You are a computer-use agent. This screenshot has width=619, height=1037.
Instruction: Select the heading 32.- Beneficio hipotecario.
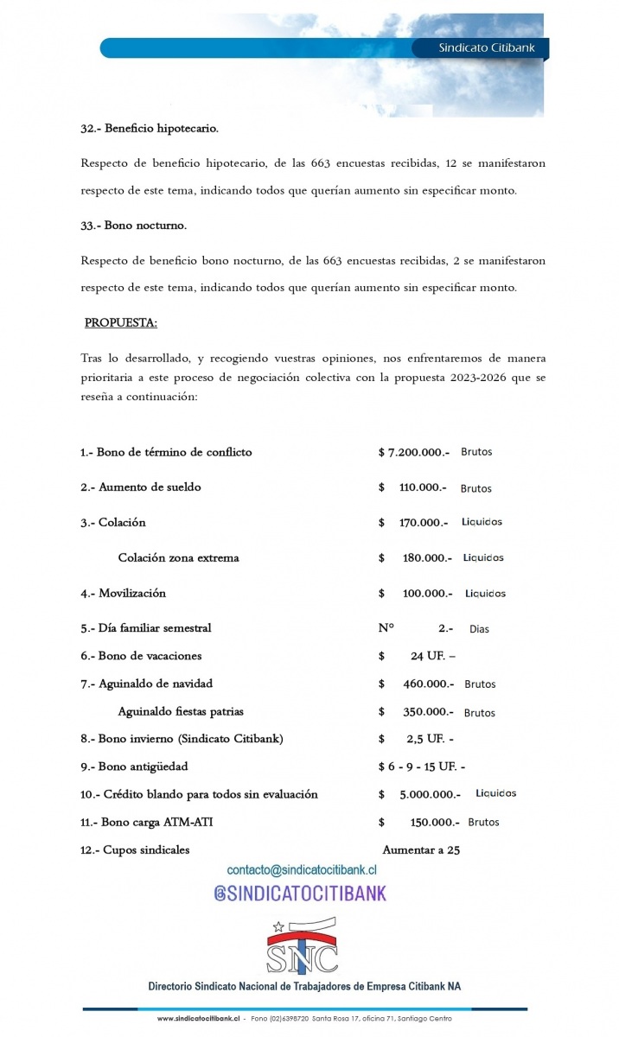point(150,129)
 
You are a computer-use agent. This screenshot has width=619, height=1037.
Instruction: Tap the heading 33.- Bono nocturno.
point(134,226)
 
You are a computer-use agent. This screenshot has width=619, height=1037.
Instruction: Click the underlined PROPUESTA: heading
point(120,323)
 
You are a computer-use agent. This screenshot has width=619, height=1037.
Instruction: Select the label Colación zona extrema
point(178,558)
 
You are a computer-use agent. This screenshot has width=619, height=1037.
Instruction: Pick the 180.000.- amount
point(427,558)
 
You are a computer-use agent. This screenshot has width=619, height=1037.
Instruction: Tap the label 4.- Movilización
point(123,594)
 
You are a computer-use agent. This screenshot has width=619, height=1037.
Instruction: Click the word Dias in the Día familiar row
point(479,629)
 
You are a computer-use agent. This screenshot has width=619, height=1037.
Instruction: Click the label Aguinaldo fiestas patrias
point(181,712)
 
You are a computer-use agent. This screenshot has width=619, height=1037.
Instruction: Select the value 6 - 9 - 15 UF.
point(421,767)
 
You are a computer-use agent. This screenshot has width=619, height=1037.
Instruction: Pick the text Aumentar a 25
point(421,849)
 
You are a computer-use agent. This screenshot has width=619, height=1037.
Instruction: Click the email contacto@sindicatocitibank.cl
point(302,870)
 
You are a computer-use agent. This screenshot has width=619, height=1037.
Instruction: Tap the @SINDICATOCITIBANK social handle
point(300,893)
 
